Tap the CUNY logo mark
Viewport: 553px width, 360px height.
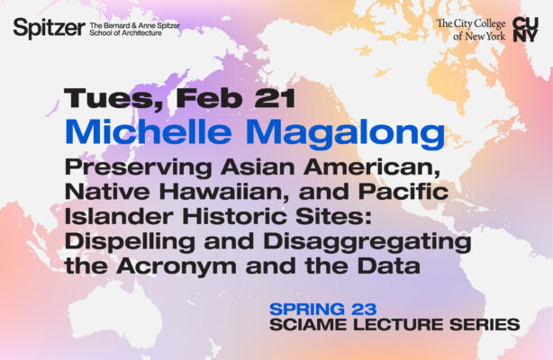pyautogui.click(x=525, y=29)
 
